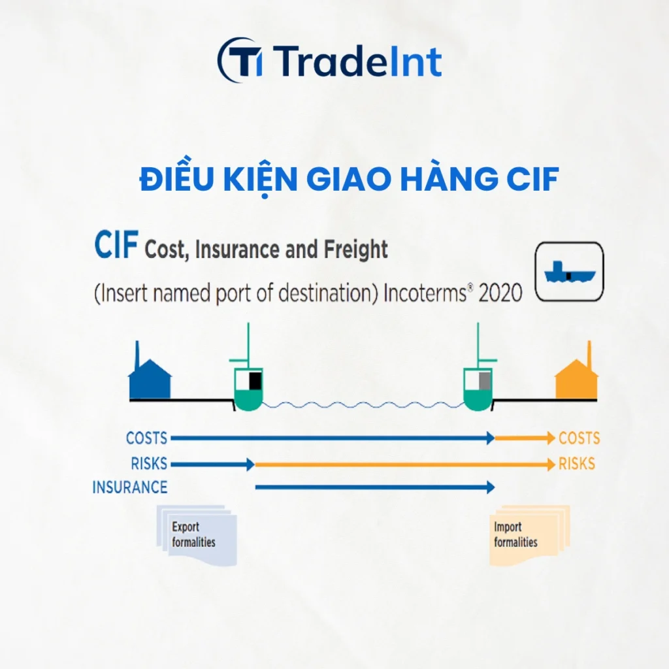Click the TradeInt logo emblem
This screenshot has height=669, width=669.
(x=240, y=59)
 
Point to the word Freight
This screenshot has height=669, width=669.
(x=356, y=250)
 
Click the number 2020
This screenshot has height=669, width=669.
(x=500, y=293)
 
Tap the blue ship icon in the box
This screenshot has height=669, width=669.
(x=569, y=272)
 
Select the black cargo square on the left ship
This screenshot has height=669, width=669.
(x=255, y=381)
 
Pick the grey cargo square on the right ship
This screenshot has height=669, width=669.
(x=485, y=381)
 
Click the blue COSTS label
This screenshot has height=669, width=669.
(x=146, y=438)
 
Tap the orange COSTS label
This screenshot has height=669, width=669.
(x=579, y=438)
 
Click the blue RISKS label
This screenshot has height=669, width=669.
(x=149, y=464)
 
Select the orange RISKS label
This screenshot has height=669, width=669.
(x=577, y=464)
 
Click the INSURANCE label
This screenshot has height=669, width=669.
(x=130, y=487)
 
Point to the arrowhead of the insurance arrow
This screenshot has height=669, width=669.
(x=491, y=487)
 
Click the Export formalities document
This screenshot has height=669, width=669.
(x=197, y=536)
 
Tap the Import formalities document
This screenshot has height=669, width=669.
(x=529, y=536)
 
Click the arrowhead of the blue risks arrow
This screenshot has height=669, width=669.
(x=251, y=465)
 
